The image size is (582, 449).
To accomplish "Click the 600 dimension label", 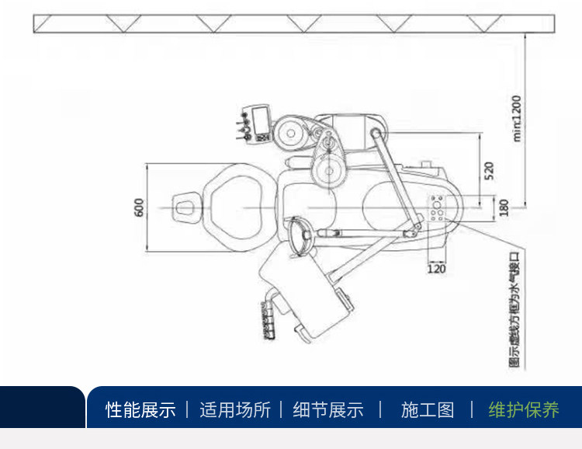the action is coord(139,208).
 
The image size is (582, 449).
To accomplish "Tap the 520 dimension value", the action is coord(488,171).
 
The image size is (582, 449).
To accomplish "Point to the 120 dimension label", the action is coord(437,269).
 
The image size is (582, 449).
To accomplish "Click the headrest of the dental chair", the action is coord(185,207).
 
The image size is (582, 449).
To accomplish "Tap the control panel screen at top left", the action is coord(260,120).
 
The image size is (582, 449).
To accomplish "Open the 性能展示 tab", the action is coord(140,409).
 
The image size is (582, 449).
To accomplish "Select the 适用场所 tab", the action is coord(235,409).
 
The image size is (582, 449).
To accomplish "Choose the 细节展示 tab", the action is coord(328,409).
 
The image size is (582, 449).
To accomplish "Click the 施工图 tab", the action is coord(427,409).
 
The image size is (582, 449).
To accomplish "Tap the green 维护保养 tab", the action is coord(524,409).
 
